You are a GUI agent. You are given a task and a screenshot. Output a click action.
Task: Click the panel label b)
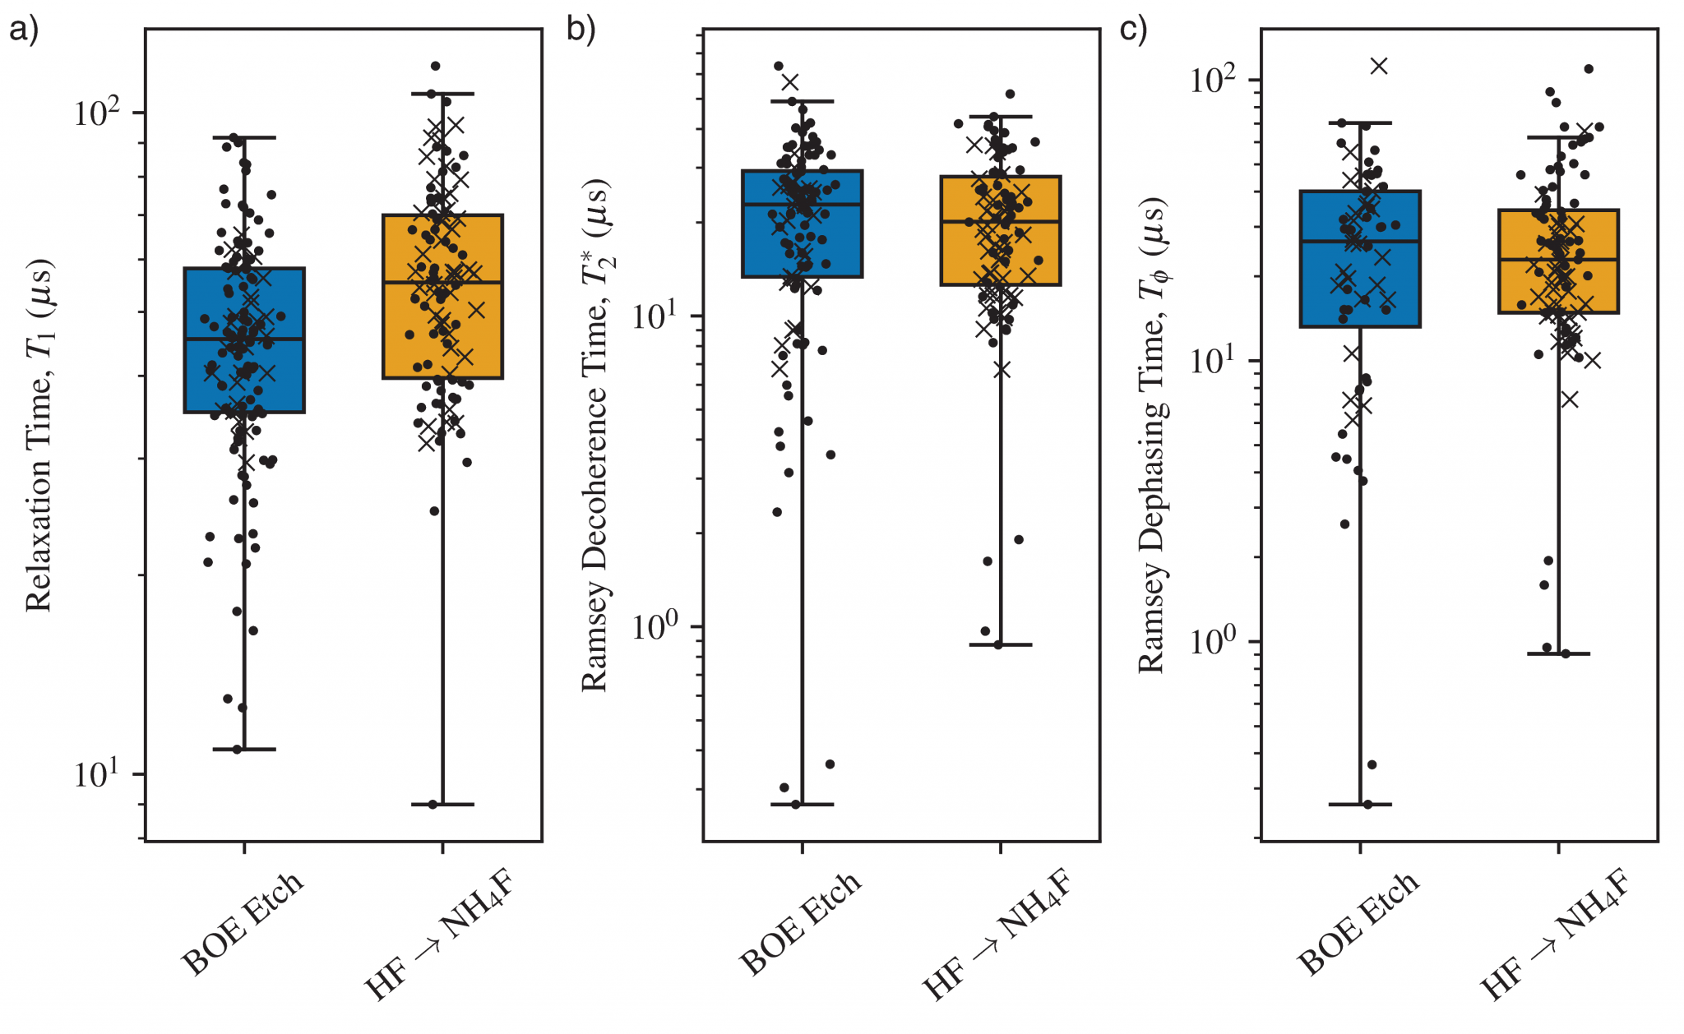tap(581, 29)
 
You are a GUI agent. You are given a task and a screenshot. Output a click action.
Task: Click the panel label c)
tap(1134, 29)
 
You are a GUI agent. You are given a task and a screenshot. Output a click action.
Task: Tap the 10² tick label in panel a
tap(97, 112)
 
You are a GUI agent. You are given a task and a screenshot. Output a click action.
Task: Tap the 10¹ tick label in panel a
tap(97, 773)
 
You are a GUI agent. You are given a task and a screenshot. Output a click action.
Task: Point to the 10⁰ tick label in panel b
tap(655, 626)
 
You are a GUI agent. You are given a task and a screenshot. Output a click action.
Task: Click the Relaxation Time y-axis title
tap(39, 436)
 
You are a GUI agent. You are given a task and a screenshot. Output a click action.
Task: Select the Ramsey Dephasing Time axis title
tap(1153, 436)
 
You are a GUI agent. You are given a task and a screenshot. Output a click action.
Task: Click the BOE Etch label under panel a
tap(243, 925)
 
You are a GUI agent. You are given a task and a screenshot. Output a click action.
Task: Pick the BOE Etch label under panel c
tap(1358, 925)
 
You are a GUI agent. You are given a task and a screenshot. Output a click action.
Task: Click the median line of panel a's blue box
tap(244, 339)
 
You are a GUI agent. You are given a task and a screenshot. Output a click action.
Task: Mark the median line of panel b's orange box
tap(1001, 221)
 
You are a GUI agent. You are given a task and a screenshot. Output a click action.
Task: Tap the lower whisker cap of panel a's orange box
tap(442, 804)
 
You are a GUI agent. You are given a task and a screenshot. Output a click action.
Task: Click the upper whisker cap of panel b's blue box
tap(803, 101)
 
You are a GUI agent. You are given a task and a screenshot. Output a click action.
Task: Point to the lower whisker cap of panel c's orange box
tap(1558, 653)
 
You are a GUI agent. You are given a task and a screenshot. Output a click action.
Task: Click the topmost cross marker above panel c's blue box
tap(1379, 66)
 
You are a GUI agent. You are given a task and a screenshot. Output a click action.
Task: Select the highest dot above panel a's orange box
tap(436, 66)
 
